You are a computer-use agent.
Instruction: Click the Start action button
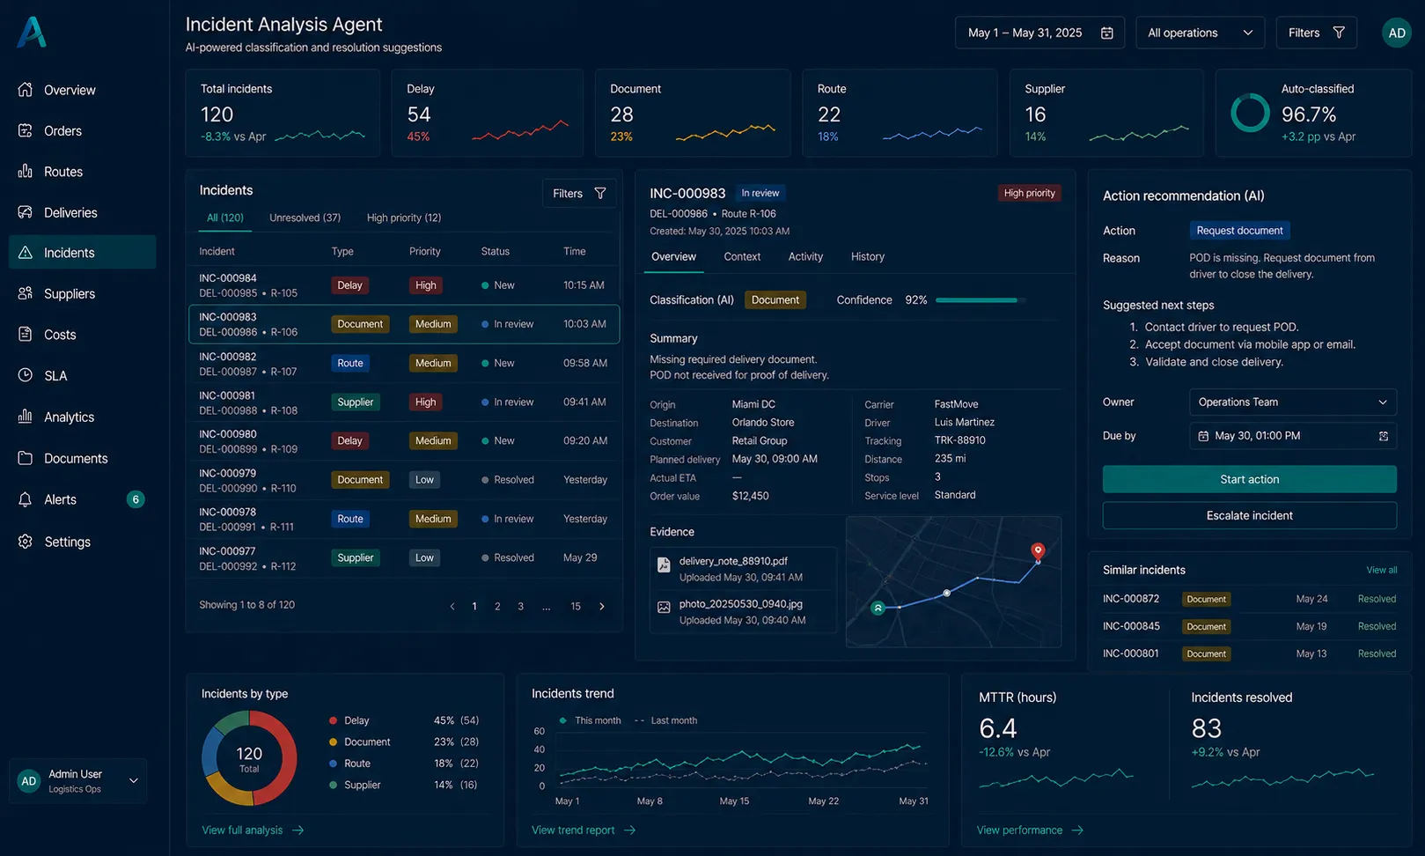[x=1250, y=479]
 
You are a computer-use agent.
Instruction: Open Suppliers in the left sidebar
[x=69, y=293]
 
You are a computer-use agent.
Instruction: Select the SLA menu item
[x=55, y=375]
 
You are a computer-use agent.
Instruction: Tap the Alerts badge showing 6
[x=135, y=499]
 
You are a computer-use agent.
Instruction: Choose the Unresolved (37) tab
[x=305, y=218]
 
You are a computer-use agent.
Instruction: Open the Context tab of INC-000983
[x=742, y=256]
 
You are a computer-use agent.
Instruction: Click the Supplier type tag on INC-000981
[x=355, y=402]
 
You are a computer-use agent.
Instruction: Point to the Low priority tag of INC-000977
[x=424, y=557]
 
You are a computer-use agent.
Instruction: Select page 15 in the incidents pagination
[x=575, y=607]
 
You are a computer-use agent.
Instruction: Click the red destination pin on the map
[x=1038, y=550]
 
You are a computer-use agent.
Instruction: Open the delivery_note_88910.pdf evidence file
[x=733, y=561]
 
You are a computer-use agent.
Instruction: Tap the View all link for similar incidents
[x=1382, y=570]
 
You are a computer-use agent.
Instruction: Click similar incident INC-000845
[x=1130, y=626]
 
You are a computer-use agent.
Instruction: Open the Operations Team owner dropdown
[x=1293, y=402]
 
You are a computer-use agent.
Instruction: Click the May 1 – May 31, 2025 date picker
[x=1039, y=33]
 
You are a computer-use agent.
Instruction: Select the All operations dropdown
[x=1200, y=33]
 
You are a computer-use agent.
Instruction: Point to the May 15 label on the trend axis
[x=734, y=801]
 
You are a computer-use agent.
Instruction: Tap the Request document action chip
[x=1239, y=231]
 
